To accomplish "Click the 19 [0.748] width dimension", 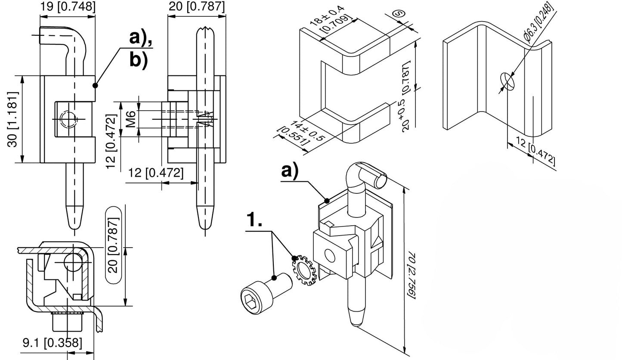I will pos(68,6).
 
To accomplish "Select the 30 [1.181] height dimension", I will pos(14,119).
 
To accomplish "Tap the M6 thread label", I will pos(131,118).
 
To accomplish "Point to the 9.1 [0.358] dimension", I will pos(52,343).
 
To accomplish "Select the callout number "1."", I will pos(254,220).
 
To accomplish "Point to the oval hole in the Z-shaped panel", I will pos(508,82).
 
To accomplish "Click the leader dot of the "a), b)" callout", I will pos(95,85).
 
